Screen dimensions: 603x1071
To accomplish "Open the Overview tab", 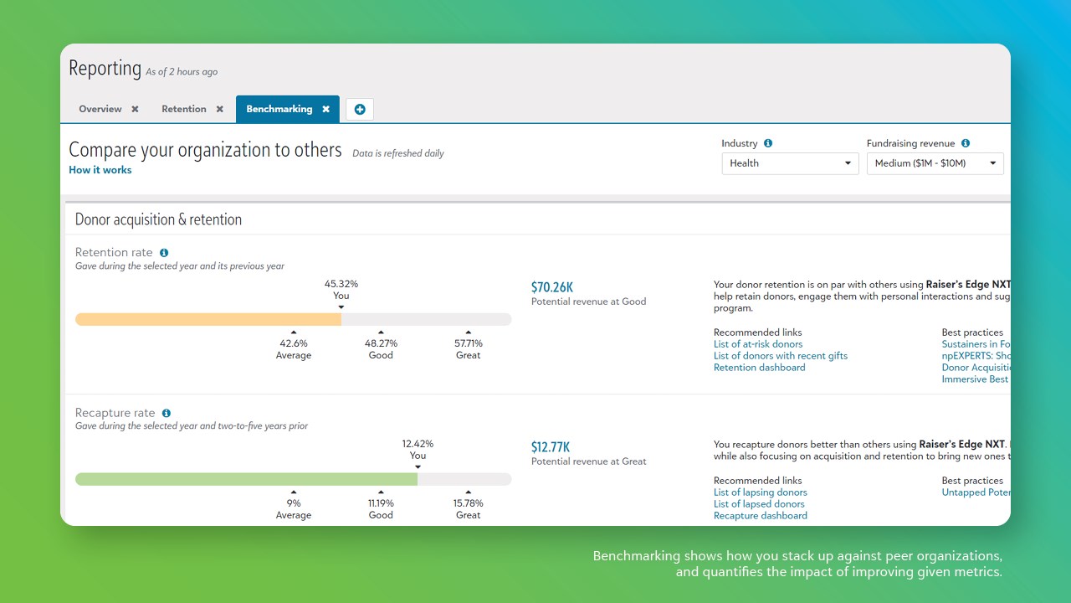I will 100,109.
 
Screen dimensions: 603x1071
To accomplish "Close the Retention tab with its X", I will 220,109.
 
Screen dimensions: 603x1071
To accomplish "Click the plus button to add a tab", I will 360,110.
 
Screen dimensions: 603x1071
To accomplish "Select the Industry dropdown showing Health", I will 790,163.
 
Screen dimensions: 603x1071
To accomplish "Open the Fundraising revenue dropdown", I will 935,163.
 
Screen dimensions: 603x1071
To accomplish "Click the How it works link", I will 100,170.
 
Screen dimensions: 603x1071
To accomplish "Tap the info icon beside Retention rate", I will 164,253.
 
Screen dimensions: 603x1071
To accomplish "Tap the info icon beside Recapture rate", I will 167,413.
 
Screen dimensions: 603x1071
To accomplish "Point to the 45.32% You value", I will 341,284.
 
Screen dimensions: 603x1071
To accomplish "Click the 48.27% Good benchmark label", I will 381,343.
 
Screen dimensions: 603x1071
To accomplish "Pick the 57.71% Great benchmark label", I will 469,343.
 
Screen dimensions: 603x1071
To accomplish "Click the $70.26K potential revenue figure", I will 552,287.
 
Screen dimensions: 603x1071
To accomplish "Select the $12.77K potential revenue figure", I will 551,447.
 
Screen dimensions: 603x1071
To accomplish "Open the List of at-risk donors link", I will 758,344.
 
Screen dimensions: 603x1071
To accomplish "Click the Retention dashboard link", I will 760,368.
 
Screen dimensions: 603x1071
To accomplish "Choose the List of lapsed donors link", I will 759,504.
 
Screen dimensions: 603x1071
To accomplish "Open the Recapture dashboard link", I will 761,516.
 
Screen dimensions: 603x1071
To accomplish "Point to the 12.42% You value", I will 418,444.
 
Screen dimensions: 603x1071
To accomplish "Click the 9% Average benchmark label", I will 294,503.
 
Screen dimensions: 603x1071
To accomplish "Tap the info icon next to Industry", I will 768,143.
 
